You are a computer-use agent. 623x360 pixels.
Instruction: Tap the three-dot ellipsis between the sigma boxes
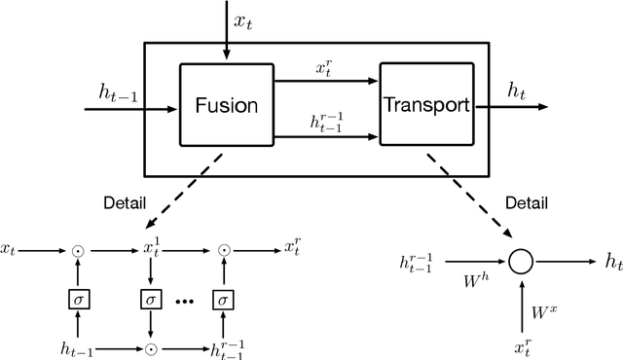(x=188, y=301)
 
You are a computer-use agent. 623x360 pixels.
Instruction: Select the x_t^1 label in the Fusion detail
(x=152, y=250)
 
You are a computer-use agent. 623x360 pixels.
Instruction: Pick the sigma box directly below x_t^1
(x=151, y=299)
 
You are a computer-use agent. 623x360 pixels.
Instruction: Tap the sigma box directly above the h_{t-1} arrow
(x=79, y=299)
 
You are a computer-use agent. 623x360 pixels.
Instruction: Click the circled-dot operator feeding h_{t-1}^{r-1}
(x=151, y=347)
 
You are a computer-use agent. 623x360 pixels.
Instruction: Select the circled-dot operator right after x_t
(x=79, y=251)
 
